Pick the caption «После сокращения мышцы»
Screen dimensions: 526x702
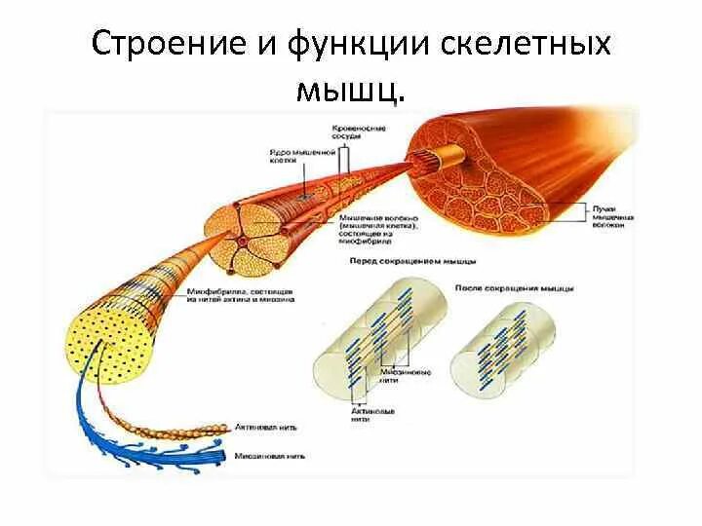pyautogui.click(x=515, y=288)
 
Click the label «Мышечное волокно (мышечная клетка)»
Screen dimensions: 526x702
pyautogui.click(x=380, y=227)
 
